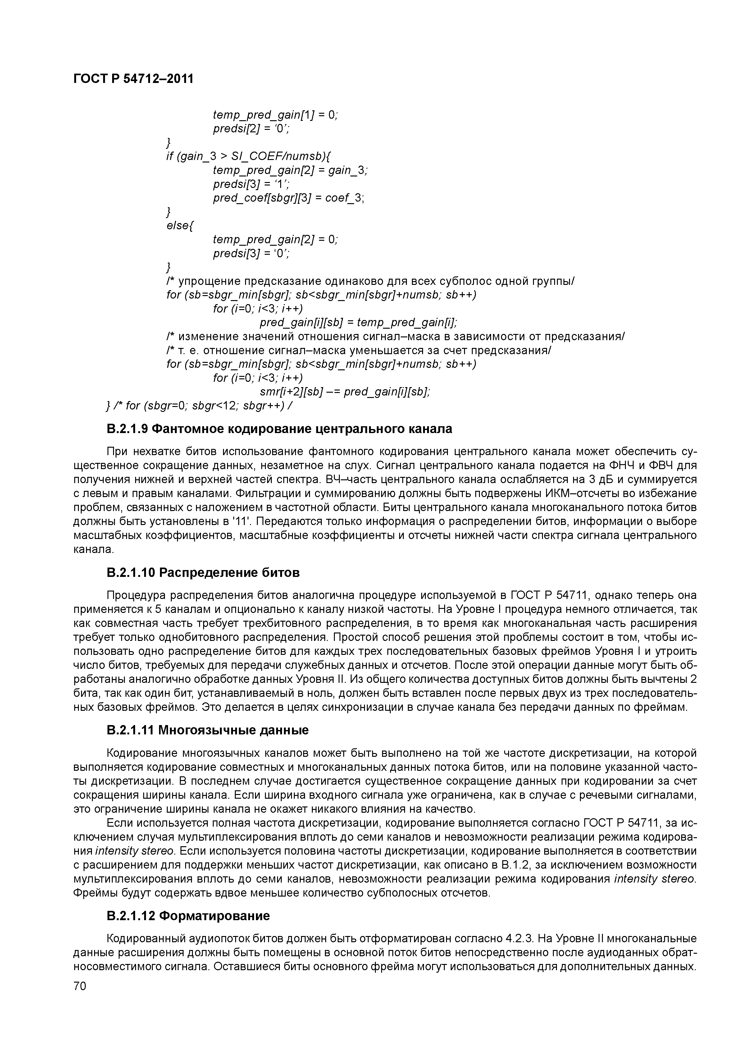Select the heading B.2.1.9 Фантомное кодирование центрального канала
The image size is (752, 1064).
click(x=279, y=429)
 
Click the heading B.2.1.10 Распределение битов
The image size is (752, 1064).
click(x=203, y=573)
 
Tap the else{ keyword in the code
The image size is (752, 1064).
click(x=178, y=226)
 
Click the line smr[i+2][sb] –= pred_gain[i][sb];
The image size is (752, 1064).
click(x=345, y=392)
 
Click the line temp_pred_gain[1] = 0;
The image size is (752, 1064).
click(x=275, y=114)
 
